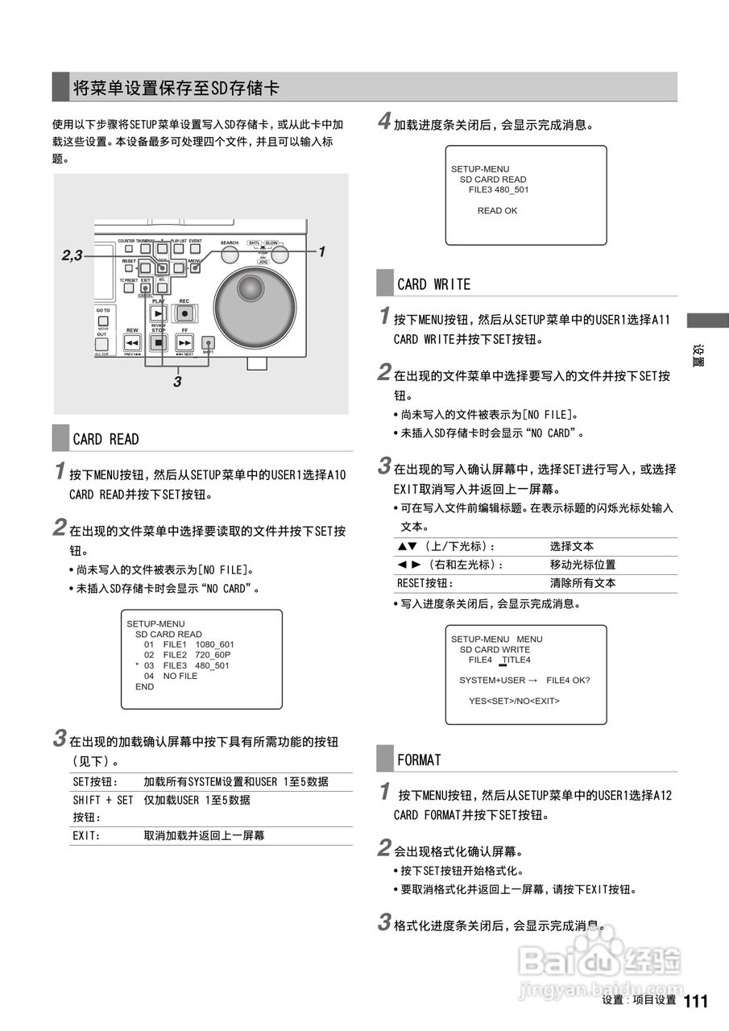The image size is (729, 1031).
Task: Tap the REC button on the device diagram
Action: point(184,313)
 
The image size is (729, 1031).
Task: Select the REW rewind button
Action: point(133,342)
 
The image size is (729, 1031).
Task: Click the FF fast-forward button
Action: point(184,342)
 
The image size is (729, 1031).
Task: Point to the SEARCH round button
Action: point(230,255)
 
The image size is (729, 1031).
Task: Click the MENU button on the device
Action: point(194,268)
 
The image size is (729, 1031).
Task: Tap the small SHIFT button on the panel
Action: point(208,342)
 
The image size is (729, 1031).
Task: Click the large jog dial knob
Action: point(251,288)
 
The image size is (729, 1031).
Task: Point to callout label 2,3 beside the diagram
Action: point(72,255)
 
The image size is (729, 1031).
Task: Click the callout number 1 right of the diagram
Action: point(321,251)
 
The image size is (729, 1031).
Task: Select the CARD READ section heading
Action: point(106,439)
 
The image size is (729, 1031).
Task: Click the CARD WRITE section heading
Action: point(433,284)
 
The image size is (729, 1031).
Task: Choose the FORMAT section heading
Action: point(419,760)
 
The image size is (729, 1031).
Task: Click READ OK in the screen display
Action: point(497,211)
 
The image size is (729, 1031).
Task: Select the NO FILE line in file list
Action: point(180,677)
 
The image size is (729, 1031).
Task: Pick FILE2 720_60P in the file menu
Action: point(197,656)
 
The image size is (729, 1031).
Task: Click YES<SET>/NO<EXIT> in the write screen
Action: point(514,701)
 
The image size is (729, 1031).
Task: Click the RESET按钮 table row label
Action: point(425,583)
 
